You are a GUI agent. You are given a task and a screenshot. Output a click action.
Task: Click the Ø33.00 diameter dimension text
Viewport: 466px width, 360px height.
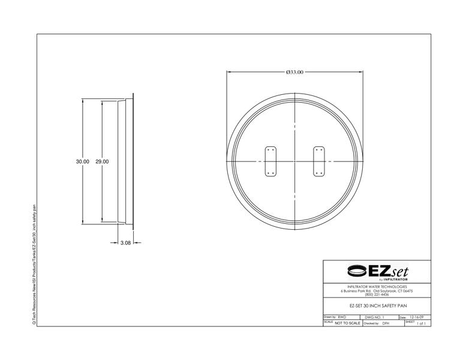pos(294,72)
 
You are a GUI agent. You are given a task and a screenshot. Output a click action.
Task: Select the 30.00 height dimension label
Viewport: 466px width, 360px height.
pos(82,161)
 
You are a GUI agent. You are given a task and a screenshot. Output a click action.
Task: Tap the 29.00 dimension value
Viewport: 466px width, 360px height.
pos(102,161)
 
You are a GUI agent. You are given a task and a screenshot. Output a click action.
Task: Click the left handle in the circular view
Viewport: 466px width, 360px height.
pos(270,162)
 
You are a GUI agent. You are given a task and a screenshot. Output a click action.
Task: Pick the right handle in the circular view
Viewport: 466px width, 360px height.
pos(318,162)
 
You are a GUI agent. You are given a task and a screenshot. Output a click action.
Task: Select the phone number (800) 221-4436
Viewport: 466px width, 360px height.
pos(377,294)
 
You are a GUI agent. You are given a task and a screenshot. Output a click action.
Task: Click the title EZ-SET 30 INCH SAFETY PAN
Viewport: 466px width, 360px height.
pos(377,306)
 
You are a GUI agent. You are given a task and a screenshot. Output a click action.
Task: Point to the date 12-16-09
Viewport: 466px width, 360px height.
pos(416,316)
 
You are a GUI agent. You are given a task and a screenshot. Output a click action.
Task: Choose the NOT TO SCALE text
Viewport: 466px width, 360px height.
pos(347,323)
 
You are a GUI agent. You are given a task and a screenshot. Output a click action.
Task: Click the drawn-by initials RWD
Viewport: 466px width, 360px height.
pos(342,316)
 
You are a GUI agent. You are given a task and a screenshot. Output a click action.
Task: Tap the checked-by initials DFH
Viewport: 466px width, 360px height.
pos(386,323)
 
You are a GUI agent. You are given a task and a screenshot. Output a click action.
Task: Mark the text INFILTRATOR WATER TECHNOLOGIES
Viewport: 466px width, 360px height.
pos(377,287)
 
